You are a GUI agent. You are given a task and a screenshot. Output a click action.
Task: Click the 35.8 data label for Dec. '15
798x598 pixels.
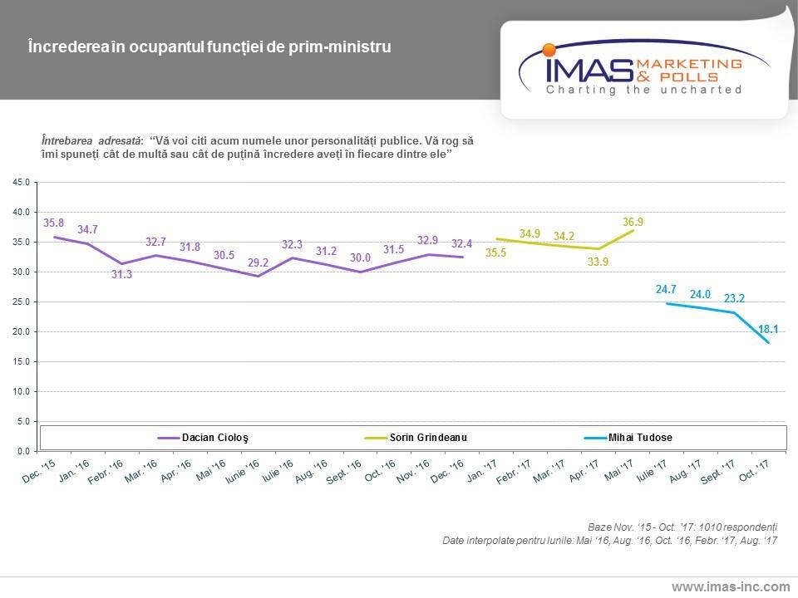click(53, 223)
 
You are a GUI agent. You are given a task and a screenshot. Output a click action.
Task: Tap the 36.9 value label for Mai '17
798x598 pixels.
click(633, 222)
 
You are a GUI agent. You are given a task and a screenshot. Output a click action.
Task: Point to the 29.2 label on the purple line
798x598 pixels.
click(259, 262)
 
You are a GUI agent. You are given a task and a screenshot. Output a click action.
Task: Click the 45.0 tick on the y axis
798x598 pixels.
click(22, 182)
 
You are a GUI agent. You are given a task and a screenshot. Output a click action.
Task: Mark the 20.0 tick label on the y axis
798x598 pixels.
click(22, 331)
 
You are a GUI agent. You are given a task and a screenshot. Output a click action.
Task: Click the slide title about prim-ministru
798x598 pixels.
click(209, 47)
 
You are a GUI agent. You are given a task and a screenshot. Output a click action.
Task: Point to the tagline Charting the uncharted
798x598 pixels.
click(643, 90)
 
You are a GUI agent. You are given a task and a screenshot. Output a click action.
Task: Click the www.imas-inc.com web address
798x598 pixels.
click(731, 587)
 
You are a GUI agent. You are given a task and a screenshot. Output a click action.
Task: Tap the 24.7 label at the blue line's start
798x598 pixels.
click(667, 290)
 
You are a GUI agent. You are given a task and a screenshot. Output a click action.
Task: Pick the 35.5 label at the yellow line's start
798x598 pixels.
click(496, 252)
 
